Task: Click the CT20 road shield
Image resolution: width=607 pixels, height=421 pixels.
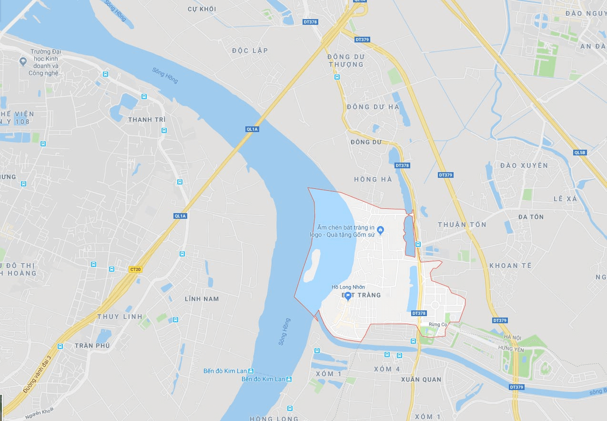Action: tap(135, 269)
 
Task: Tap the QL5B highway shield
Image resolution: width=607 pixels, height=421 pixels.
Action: tap(580, 153)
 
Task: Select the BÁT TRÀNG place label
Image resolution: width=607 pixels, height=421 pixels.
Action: tap(361, 295)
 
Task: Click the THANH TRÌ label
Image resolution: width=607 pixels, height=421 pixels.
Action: tap(147, 120)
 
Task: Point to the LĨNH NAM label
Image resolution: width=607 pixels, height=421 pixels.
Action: tap(202, 299)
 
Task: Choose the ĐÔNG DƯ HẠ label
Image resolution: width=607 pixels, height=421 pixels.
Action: tap(373, 107)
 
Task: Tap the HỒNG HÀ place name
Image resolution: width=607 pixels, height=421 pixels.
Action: tap(373, 179)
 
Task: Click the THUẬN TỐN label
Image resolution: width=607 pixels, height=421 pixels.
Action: tap(462, 225)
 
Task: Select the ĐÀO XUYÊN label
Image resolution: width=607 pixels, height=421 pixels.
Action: tap(524, 165)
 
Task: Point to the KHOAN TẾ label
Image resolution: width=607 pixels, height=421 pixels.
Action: tap(510, 266)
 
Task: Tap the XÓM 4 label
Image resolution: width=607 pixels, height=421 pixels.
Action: tap(387, 369)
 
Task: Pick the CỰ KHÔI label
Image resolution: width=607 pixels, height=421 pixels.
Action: tap(202, 9)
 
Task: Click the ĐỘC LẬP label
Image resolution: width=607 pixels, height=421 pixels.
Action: tap(250, 51)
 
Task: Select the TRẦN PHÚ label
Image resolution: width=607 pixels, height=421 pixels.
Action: tap(92, 345)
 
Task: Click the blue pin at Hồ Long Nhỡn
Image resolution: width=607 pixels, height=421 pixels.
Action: tap(348, 296)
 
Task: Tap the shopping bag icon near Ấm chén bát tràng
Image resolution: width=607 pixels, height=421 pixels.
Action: tap(380, 231)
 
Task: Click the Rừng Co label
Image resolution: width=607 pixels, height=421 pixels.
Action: tap(437, 325)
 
